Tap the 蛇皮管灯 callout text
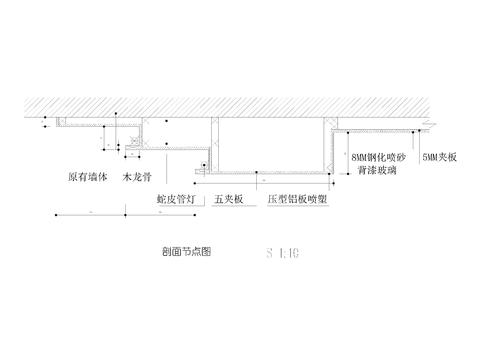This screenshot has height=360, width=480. click(177, 199)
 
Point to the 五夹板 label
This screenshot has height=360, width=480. click(227, 199)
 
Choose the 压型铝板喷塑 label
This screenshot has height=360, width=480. click(299, 199)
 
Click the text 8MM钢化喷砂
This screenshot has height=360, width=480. click(380, 158)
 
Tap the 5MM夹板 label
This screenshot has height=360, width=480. click(440, 158)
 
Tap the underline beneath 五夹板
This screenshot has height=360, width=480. click(229, 207)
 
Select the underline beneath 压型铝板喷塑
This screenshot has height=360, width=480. click(299, 207)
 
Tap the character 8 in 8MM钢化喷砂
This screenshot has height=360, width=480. click(356, 158)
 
